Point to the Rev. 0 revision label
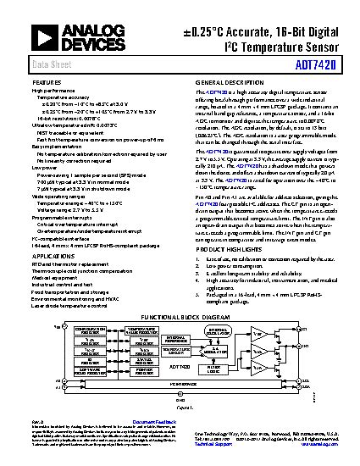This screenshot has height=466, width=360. point(37,421)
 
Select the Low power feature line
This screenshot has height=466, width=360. point(43,168)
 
